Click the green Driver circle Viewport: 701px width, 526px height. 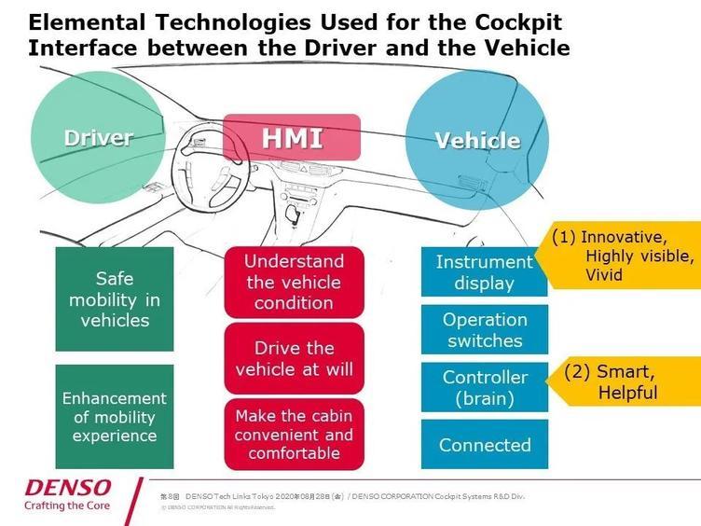point(98,138)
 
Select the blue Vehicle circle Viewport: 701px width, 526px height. point(477,140)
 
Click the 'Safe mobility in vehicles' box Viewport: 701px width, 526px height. point(115,298)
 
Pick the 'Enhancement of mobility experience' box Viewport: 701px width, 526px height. point(115,416)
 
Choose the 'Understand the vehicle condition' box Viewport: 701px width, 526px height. point(294,282)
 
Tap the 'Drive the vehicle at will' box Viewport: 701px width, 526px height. point(294,358)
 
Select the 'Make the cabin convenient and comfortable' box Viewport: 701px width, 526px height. point(294,435)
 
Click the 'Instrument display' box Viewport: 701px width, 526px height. point(484,271)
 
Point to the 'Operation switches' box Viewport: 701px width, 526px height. point(484,329)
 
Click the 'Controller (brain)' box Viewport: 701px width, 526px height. point(484,388)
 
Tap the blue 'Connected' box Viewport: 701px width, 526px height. point(484,445)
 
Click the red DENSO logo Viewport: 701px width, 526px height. point(68,488)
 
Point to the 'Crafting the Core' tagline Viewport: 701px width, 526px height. point(67,506)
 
